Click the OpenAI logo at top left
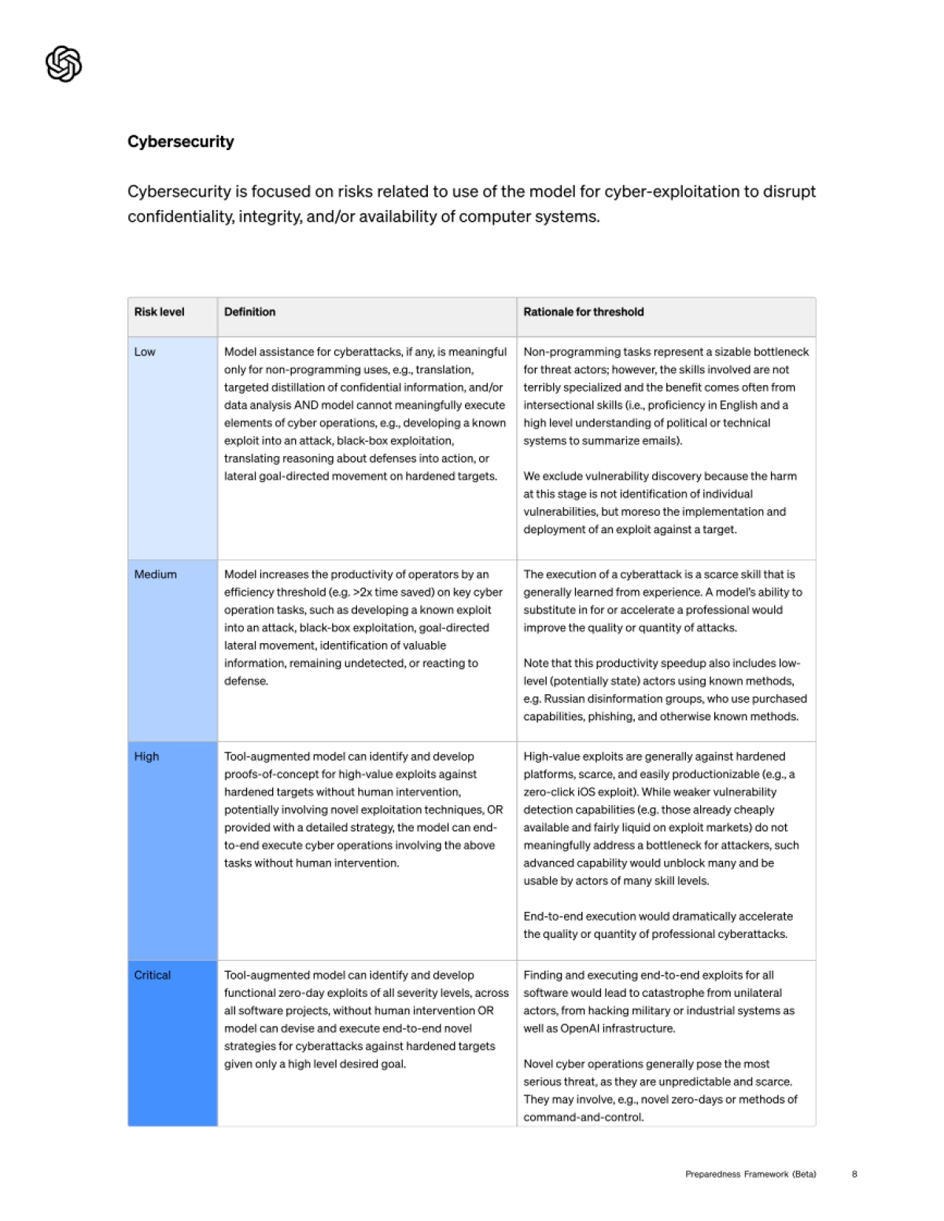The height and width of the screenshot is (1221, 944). [64, 64]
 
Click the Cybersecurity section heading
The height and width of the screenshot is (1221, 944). [181, 142]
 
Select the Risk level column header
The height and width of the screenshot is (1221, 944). [159, 312]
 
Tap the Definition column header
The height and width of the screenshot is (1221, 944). [249, 312]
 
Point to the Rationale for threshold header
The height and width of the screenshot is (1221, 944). [584, 312]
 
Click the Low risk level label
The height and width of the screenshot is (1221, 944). [145, 352]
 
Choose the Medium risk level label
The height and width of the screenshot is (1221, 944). [155, 575]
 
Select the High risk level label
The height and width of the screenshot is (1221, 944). [146, 756]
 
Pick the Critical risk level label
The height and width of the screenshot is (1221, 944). [152, 975]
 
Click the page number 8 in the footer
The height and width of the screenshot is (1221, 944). [854, 1175]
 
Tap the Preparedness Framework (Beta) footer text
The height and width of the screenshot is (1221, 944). [750, 1175]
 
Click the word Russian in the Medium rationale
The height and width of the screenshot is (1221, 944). [565, 699]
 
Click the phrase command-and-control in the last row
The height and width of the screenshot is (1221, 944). [582, 1117]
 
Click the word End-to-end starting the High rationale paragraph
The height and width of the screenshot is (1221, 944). [551, 917]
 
